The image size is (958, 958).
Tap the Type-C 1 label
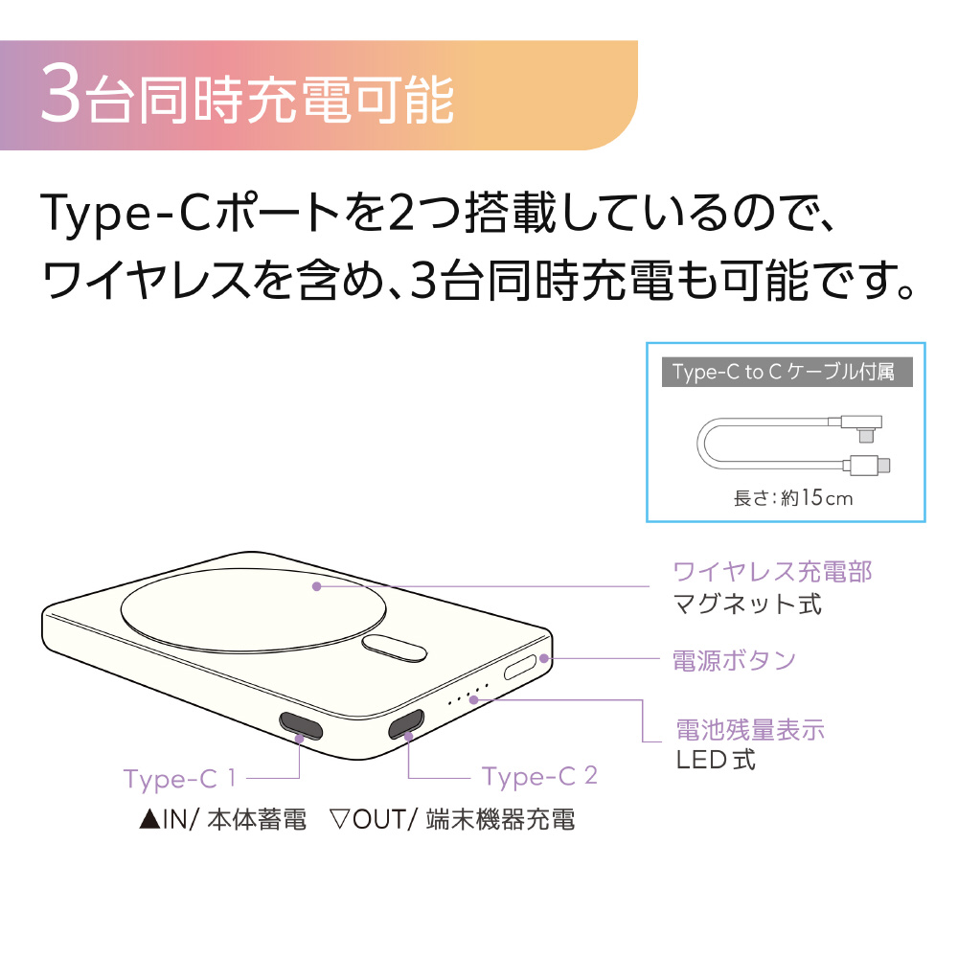(180, 779)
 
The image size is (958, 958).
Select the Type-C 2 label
(539, 777)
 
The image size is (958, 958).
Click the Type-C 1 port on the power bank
(301, 725)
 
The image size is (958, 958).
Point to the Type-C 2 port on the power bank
(406, 724)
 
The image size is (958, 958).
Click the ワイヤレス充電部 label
(772, 573)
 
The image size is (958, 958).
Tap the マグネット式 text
(747, 604)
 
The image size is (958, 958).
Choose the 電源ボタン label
(734, 660)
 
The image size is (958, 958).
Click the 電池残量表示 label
(750, 730)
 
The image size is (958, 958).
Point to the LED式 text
(716, 760)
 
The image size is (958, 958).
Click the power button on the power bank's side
(520, 666)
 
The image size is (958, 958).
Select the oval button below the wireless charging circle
(394, 648)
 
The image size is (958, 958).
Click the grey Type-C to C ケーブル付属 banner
(787, 372)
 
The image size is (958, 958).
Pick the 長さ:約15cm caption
(792, 498)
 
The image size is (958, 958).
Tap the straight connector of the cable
(867, 465)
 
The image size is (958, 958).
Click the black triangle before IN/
(149, 819)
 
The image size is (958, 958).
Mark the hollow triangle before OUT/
(339, 819)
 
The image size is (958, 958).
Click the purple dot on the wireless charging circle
(316, 586)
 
